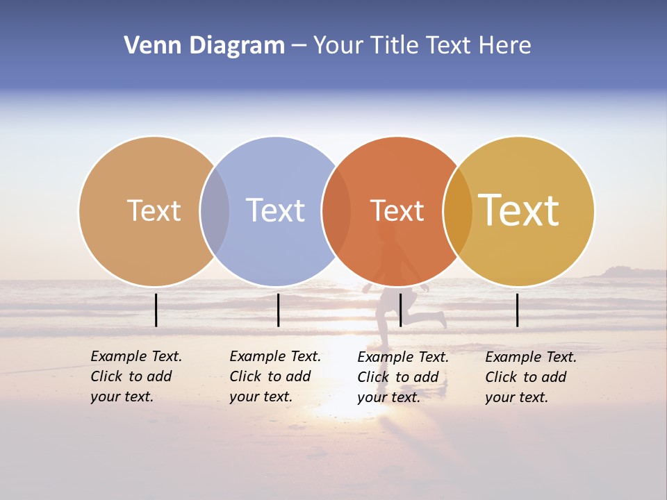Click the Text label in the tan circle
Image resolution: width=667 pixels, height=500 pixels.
[154, 210]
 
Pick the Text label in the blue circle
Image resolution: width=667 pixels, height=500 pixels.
[275, 210]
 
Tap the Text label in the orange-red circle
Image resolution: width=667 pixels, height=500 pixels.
[397, 210]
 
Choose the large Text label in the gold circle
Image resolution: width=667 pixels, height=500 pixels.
[519, 210]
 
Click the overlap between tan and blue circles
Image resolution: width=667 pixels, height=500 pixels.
[215, 210]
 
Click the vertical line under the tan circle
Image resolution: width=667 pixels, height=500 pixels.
[156, 310]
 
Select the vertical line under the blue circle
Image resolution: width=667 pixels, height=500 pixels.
[278, 310]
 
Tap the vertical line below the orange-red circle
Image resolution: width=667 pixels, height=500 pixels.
[400, 310]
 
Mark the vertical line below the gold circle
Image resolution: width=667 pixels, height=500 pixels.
[518, 310]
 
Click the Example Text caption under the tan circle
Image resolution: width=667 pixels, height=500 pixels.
[136, 376]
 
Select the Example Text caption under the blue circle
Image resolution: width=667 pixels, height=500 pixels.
[275, 376]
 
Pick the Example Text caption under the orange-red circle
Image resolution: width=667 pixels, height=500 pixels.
[403, 377]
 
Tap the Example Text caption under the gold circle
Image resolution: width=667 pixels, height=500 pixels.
[531, 377]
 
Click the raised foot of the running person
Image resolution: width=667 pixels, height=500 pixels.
[440, 319]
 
